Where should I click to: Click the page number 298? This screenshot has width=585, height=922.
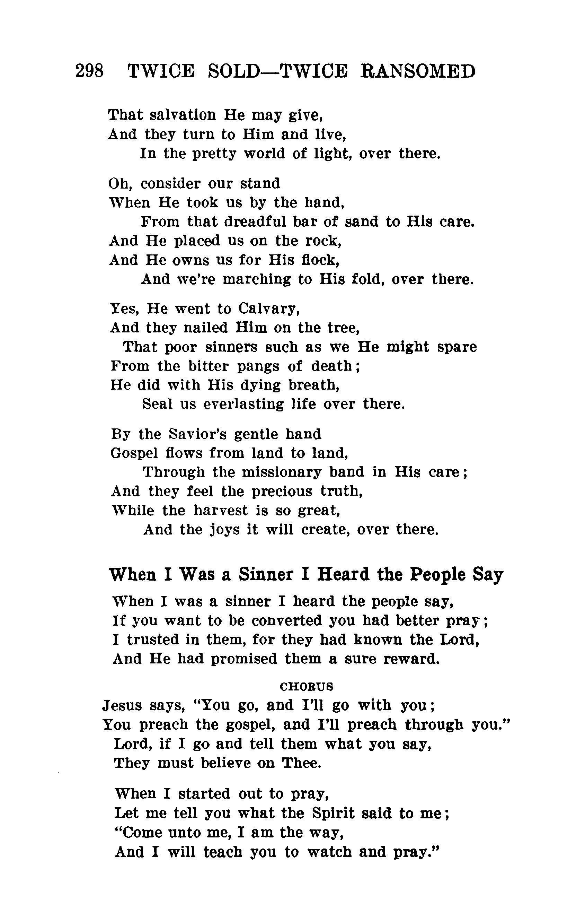click(89, 71)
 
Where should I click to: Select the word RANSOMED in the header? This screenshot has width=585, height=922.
click(418, 71)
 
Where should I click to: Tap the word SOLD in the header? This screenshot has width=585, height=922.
click(234, 71)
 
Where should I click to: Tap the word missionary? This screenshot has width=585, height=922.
click(282, 472)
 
